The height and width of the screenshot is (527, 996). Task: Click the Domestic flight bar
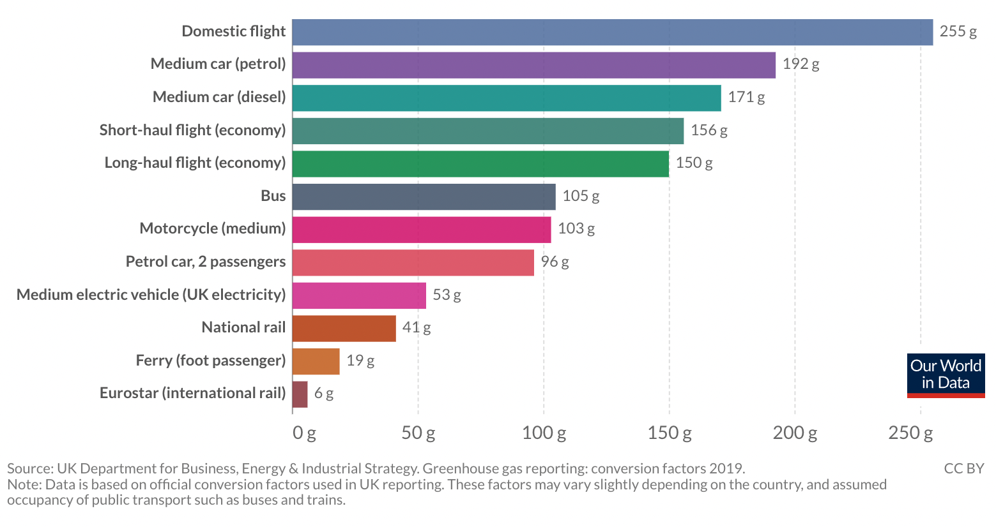612,32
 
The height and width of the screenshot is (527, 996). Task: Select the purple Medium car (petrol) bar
533,65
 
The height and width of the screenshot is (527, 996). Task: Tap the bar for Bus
424,197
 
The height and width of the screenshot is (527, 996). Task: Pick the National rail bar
344,328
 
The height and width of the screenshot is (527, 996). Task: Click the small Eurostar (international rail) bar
300,394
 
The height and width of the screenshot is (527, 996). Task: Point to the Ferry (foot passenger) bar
316,361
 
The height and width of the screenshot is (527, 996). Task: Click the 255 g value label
958,31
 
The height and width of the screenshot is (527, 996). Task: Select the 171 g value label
746,97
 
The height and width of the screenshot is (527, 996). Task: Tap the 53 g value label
447,295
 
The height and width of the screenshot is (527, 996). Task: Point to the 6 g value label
324,394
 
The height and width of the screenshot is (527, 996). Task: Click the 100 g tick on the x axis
544,433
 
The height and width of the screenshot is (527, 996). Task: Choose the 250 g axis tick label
910,433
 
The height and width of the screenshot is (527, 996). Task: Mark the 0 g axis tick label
304,433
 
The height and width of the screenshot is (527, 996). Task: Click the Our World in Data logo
946,375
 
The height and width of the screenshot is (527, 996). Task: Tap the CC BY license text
963,468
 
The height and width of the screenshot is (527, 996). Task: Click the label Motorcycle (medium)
212,228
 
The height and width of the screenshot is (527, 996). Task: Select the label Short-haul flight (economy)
192,130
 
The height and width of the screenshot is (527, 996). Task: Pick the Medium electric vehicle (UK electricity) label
151,295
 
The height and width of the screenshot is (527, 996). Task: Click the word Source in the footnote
29,468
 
